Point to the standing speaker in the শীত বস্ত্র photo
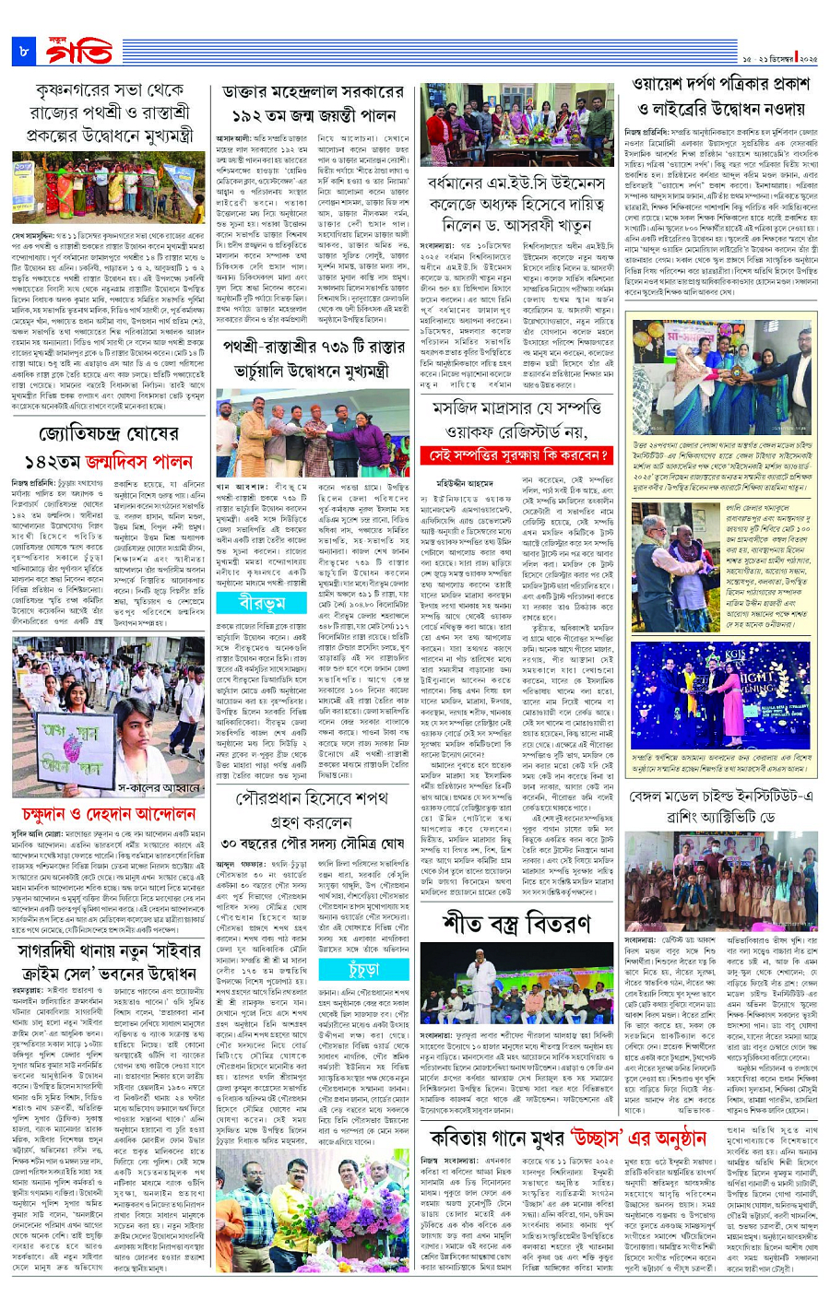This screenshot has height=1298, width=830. [x=481, y=963]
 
